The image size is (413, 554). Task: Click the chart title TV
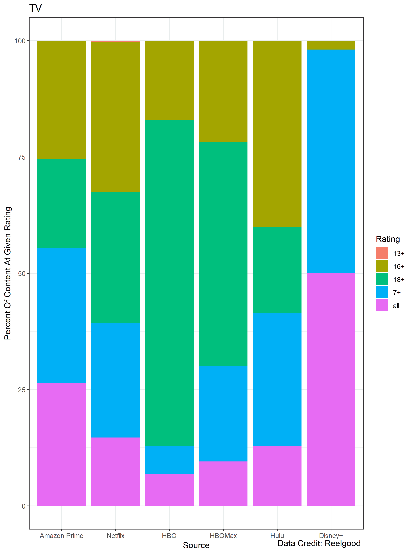tap(35, 8)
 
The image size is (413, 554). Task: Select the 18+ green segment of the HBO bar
tap(169, 283)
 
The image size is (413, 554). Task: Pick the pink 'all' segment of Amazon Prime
tap(61, 444)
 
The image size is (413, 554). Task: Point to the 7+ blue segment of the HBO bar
tap(169, 460)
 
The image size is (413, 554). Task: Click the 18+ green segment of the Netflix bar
tap(115, 257)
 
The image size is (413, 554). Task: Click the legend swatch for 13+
tap(382, 253)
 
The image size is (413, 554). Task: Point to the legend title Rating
tap(388, 239)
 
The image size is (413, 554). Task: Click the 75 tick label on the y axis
tap(22, 157)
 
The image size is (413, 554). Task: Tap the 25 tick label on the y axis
tap(22, 390)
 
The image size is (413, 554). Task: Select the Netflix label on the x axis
tap(115, 535)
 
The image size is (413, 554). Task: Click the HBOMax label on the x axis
tap(223, 535)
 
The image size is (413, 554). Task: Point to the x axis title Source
tap(196, 545)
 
